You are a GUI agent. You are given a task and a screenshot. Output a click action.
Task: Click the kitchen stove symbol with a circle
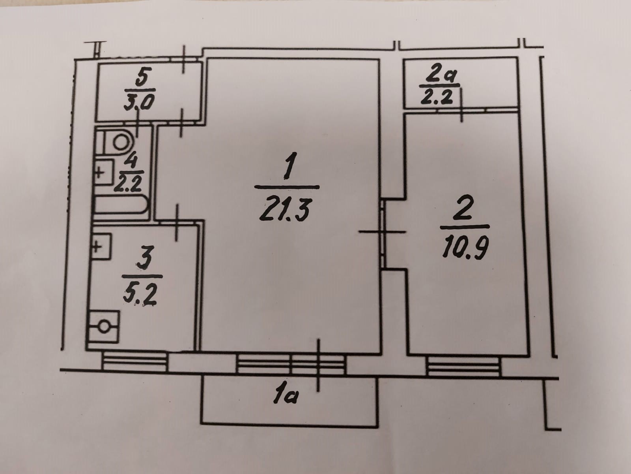coord(104,327)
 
